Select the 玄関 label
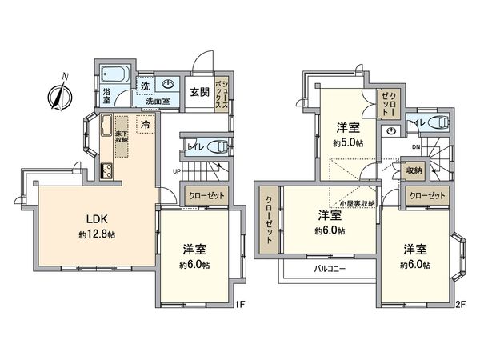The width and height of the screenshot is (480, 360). [x=199, y=91]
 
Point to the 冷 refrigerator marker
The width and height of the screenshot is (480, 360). [x=146, y=125]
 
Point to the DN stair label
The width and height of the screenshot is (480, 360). [x=417, y=148]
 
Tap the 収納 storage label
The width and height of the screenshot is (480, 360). [x=414, y=170]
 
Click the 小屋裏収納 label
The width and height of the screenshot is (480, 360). [x=355, y=204]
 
